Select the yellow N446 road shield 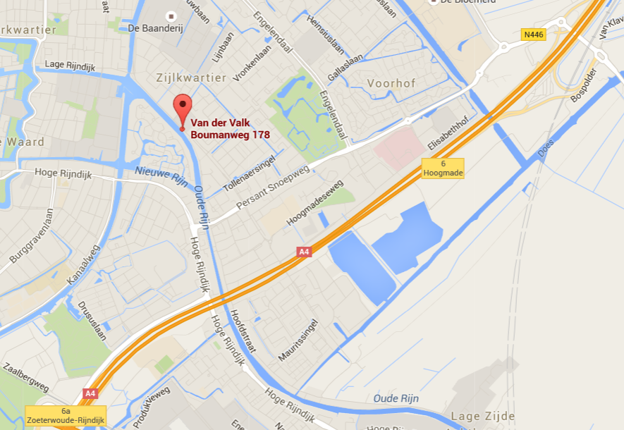click(x=534, y=34)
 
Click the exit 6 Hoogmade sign click(x=443, y=168)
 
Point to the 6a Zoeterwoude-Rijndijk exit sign click(x=66, y=414)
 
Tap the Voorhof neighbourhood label click(x=391, y=83)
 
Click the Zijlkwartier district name click(x=192, y=78)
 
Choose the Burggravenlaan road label click(x=32, y=236)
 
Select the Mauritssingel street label click(x=298, y=340)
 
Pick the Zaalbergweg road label click(x=25, y=378)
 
